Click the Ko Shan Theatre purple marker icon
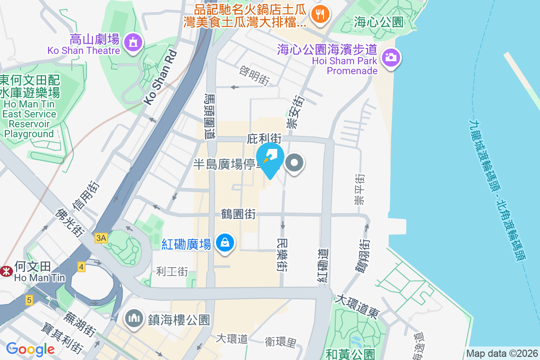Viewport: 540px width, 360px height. coord(132,42)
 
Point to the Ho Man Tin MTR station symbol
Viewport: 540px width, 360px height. coord(6,271)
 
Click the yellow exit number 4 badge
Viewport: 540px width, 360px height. coord(81,266)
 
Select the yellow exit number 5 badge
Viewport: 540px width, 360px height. coord(29,300)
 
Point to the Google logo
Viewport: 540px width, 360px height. coord(30,349)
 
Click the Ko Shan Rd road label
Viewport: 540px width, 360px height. coord(161,77)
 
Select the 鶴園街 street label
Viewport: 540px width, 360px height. coord(238,214)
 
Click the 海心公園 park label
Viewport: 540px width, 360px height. coord(378,21)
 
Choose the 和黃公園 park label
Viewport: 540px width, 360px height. coord(350,354)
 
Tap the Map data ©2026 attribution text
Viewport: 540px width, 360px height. coord(502,354)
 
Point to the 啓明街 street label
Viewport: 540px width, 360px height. coord(255,76)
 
